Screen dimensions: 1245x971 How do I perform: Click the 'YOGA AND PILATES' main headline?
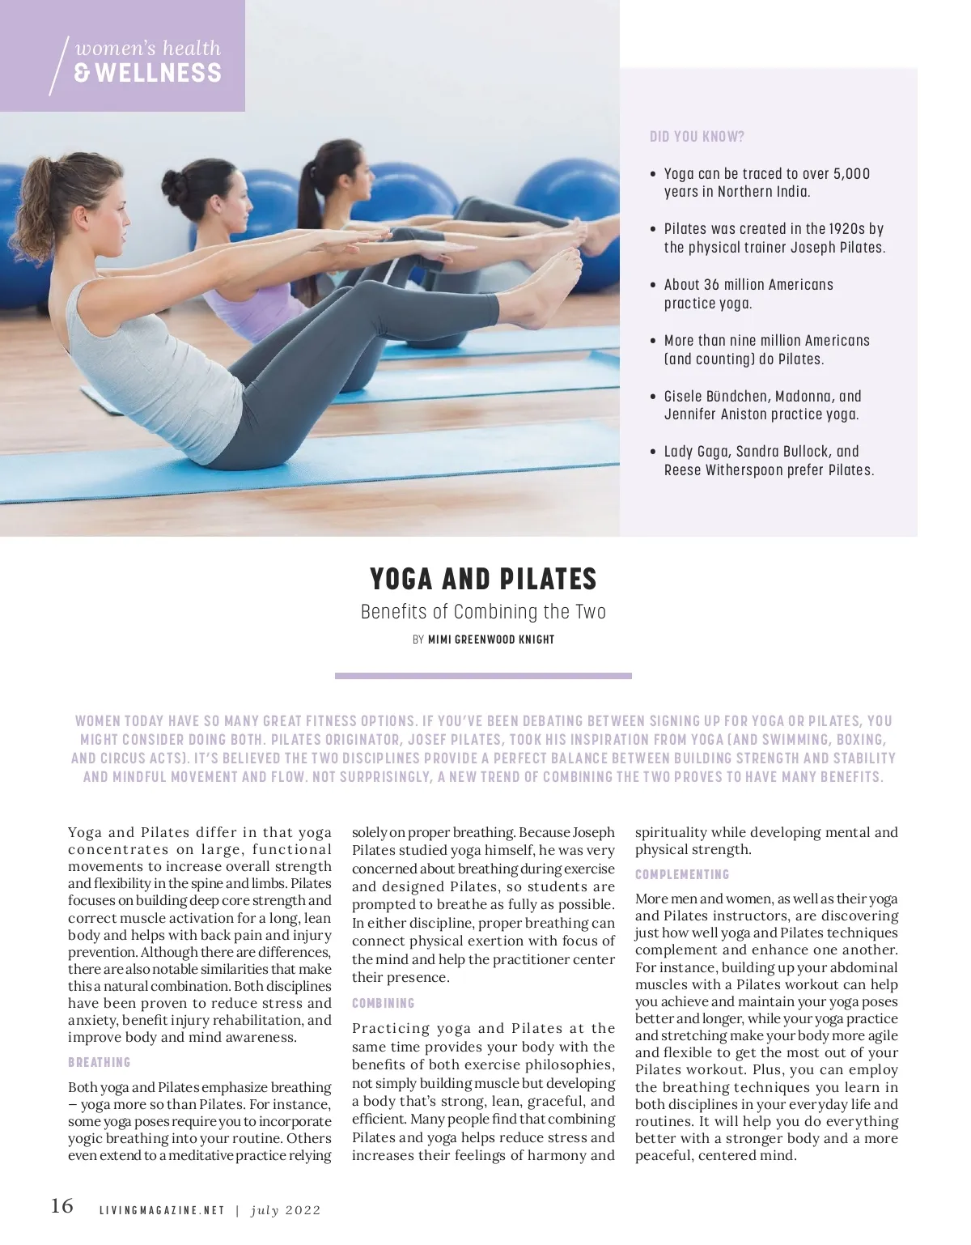point(483,579)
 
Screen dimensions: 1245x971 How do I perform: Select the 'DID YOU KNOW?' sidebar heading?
point(697,137)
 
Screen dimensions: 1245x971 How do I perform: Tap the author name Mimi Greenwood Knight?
point(491,639)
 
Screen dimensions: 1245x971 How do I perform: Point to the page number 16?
point(61,1206)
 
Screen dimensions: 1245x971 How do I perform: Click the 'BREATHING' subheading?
point(99,1062)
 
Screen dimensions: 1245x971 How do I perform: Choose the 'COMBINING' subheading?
point(383,1003)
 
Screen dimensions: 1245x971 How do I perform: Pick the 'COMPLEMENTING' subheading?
point(682,874)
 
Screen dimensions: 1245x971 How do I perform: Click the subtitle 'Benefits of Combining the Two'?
point(483,611)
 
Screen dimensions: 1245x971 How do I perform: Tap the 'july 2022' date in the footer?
point(286,1210)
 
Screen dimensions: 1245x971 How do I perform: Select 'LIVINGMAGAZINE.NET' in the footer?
point(162,1210)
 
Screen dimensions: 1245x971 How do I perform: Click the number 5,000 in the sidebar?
point(851,173)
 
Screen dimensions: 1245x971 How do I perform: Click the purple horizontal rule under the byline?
point(483,675)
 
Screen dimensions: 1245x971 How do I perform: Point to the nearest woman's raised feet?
point(558,279)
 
